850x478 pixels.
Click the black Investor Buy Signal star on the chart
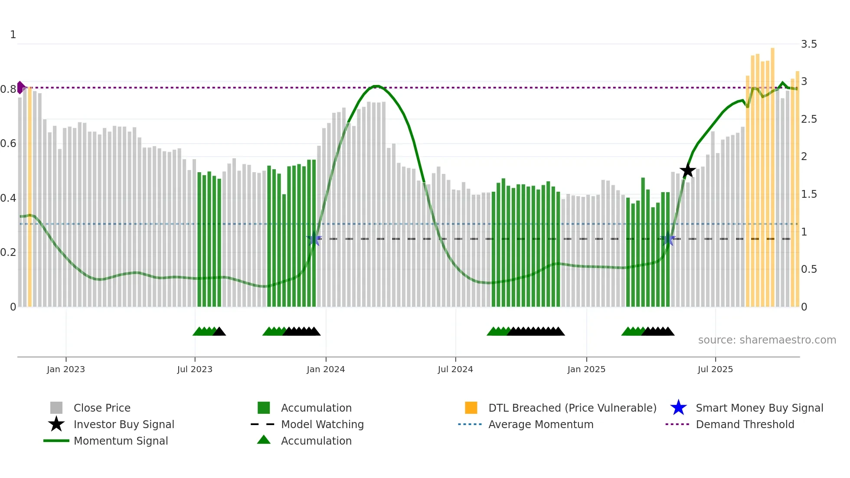(687, 171)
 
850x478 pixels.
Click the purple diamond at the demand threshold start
(20, 88)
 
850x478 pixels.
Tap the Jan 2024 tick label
(326, 370)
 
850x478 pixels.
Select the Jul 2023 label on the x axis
(195, 370)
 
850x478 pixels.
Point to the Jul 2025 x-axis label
(715, 370)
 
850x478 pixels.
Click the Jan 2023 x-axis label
(66, 370)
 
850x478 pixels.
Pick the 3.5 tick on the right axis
(809, 44)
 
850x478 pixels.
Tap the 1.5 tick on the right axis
(809, 194)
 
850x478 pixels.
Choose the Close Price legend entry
(102, 408)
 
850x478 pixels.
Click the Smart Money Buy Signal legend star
(678, 408)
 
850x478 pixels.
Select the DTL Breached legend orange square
(471, 408)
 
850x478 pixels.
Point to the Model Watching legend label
(322, 425)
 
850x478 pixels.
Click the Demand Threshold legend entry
(745, 425)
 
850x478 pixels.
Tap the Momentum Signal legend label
(121, 441)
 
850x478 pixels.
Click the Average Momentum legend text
(541, 425)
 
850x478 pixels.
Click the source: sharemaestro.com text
(767, 340)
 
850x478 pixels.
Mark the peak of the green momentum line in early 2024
(377, 86)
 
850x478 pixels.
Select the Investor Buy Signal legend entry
(124, 425)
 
